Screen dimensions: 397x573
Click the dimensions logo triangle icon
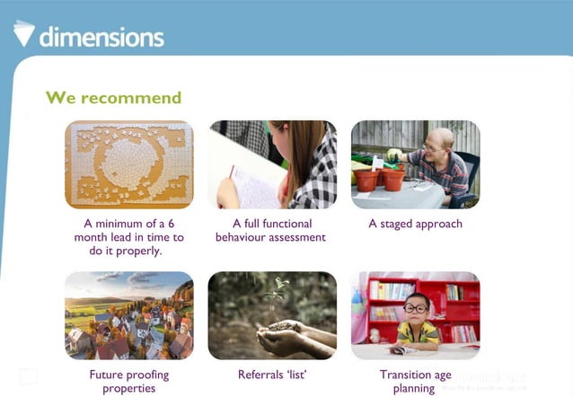coord(24,32)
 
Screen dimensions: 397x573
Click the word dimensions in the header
coord(101,37)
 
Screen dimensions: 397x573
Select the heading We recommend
coord(113,97)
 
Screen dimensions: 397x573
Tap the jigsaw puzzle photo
coord(128,164)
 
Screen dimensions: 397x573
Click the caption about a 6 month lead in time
coord(128,237)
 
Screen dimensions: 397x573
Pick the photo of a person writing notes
coord(272,164)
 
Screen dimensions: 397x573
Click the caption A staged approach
coord(415,224)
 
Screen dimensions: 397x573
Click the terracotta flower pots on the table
coord(380,179)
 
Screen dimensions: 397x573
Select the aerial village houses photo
coord(128,315)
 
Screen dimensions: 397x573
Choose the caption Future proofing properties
coord(128,381)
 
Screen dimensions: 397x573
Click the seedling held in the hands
coord(279,293)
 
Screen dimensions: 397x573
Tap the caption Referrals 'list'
coord(272,375)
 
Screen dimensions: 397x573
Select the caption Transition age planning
coord(414,381)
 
